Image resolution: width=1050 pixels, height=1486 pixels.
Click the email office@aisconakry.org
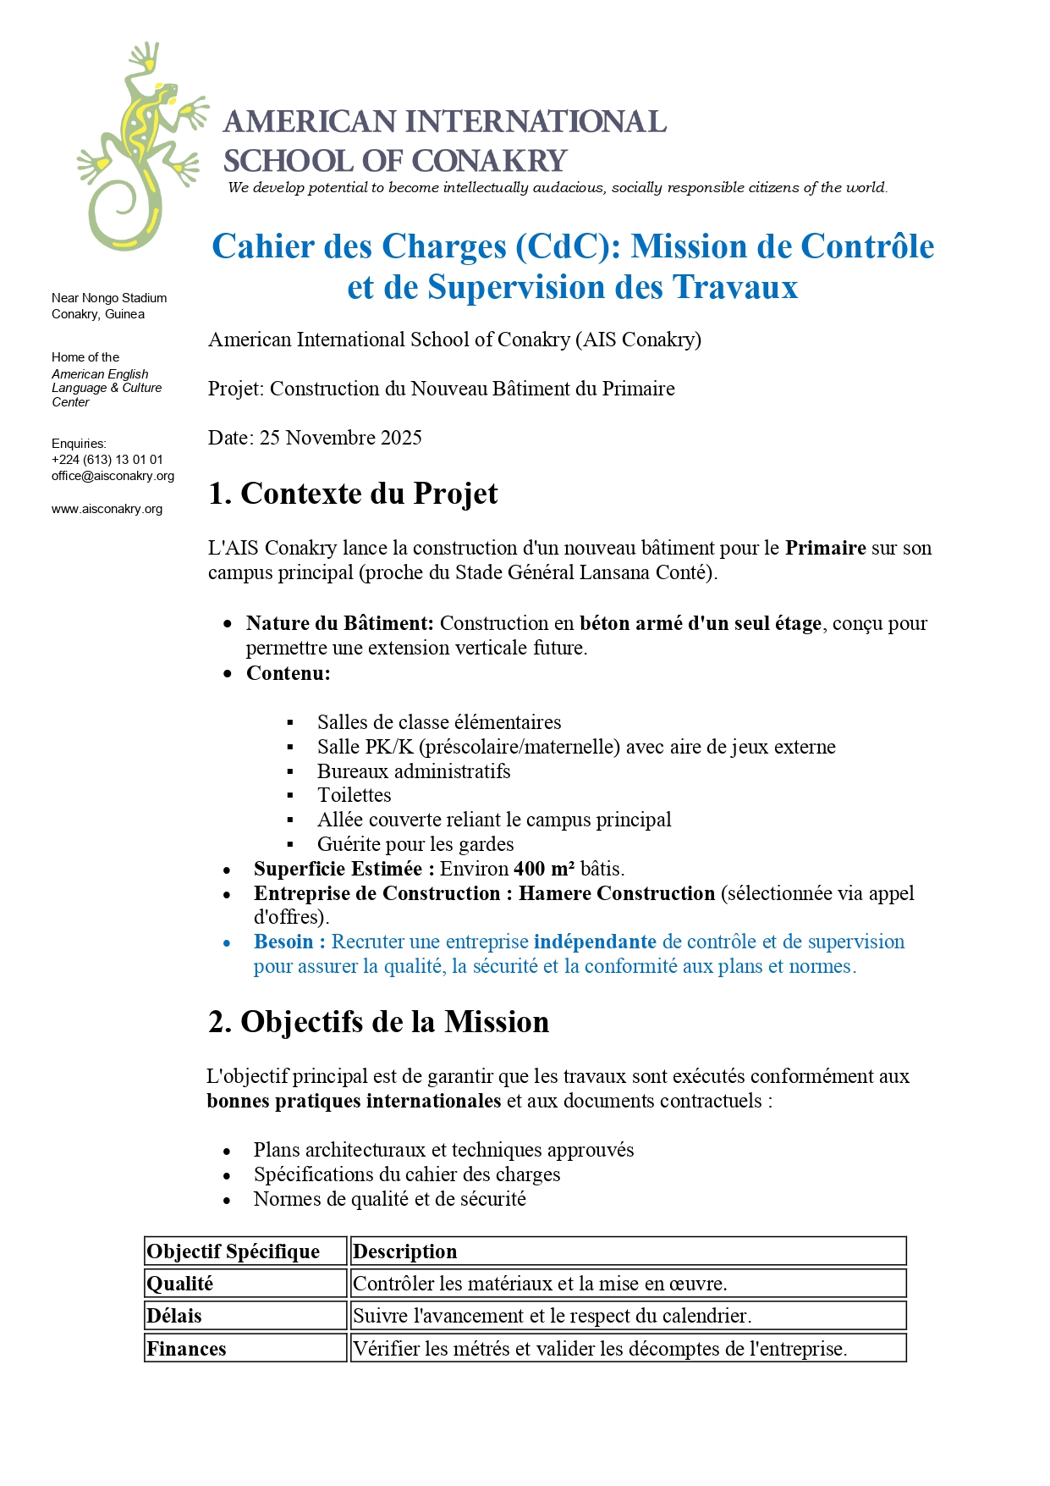point(113,476)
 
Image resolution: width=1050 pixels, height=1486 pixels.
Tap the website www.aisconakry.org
point(107,509)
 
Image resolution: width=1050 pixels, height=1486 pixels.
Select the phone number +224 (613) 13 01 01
point(107,460)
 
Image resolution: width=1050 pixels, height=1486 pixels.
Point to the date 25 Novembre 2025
point(340,438)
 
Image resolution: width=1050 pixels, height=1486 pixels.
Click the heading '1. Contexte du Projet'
point(353,494)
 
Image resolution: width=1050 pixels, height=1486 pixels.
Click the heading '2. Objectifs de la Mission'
point(378,1022)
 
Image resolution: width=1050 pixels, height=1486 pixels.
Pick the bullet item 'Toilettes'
point(354,795)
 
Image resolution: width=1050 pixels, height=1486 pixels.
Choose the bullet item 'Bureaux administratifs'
point(413,771)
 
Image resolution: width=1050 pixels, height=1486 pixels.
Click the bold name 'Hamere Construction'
point(616,893)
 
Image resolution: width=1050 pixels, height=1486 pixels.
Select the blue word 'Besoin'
point(283,942)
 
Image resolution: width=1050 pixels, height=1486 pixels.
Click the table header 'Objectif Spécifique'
point(234,1251)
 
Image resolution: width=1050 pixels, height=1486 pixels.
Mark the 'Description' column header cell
point(404,1251)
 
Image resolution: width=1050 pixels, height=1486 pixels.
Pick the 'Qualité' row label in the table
point(180,1284)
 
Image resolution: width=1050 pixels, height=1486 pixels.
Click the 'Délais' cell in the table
point(174,1316)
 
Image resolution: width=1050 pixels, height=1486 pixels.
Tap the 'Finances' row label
point(186,1349)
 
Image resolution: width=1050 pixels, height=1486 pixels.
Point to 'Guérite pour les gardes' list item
point(415,844)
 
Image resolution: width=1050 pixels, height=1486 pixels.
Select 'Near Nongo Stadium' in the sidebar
point(109,298)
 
